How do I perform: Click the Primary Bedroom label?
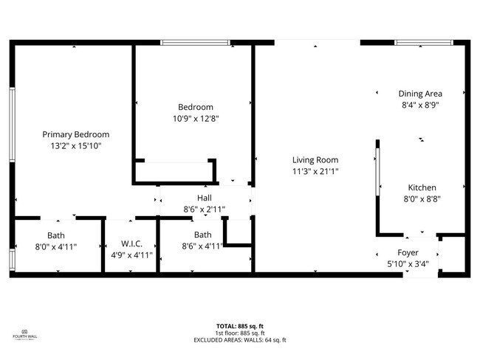pos(75,134)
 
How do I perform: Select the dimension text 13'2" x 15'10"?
pos(75,146)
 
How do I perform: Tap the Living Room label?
pos(315,159)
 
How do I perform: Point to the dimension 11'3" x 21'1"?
pos(315,171)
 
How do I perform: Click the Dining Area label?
pos(420,94)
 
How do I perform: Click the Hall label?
pos(204,198)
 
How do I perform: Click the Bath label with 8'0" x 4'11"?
pos(56,236)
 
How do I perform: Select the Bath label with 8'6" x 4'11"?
pos(202,236)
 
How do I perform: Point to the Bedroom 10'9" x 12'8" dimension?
pos(196,118)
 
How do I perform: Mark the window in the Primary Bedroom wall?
pos(12,125)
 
